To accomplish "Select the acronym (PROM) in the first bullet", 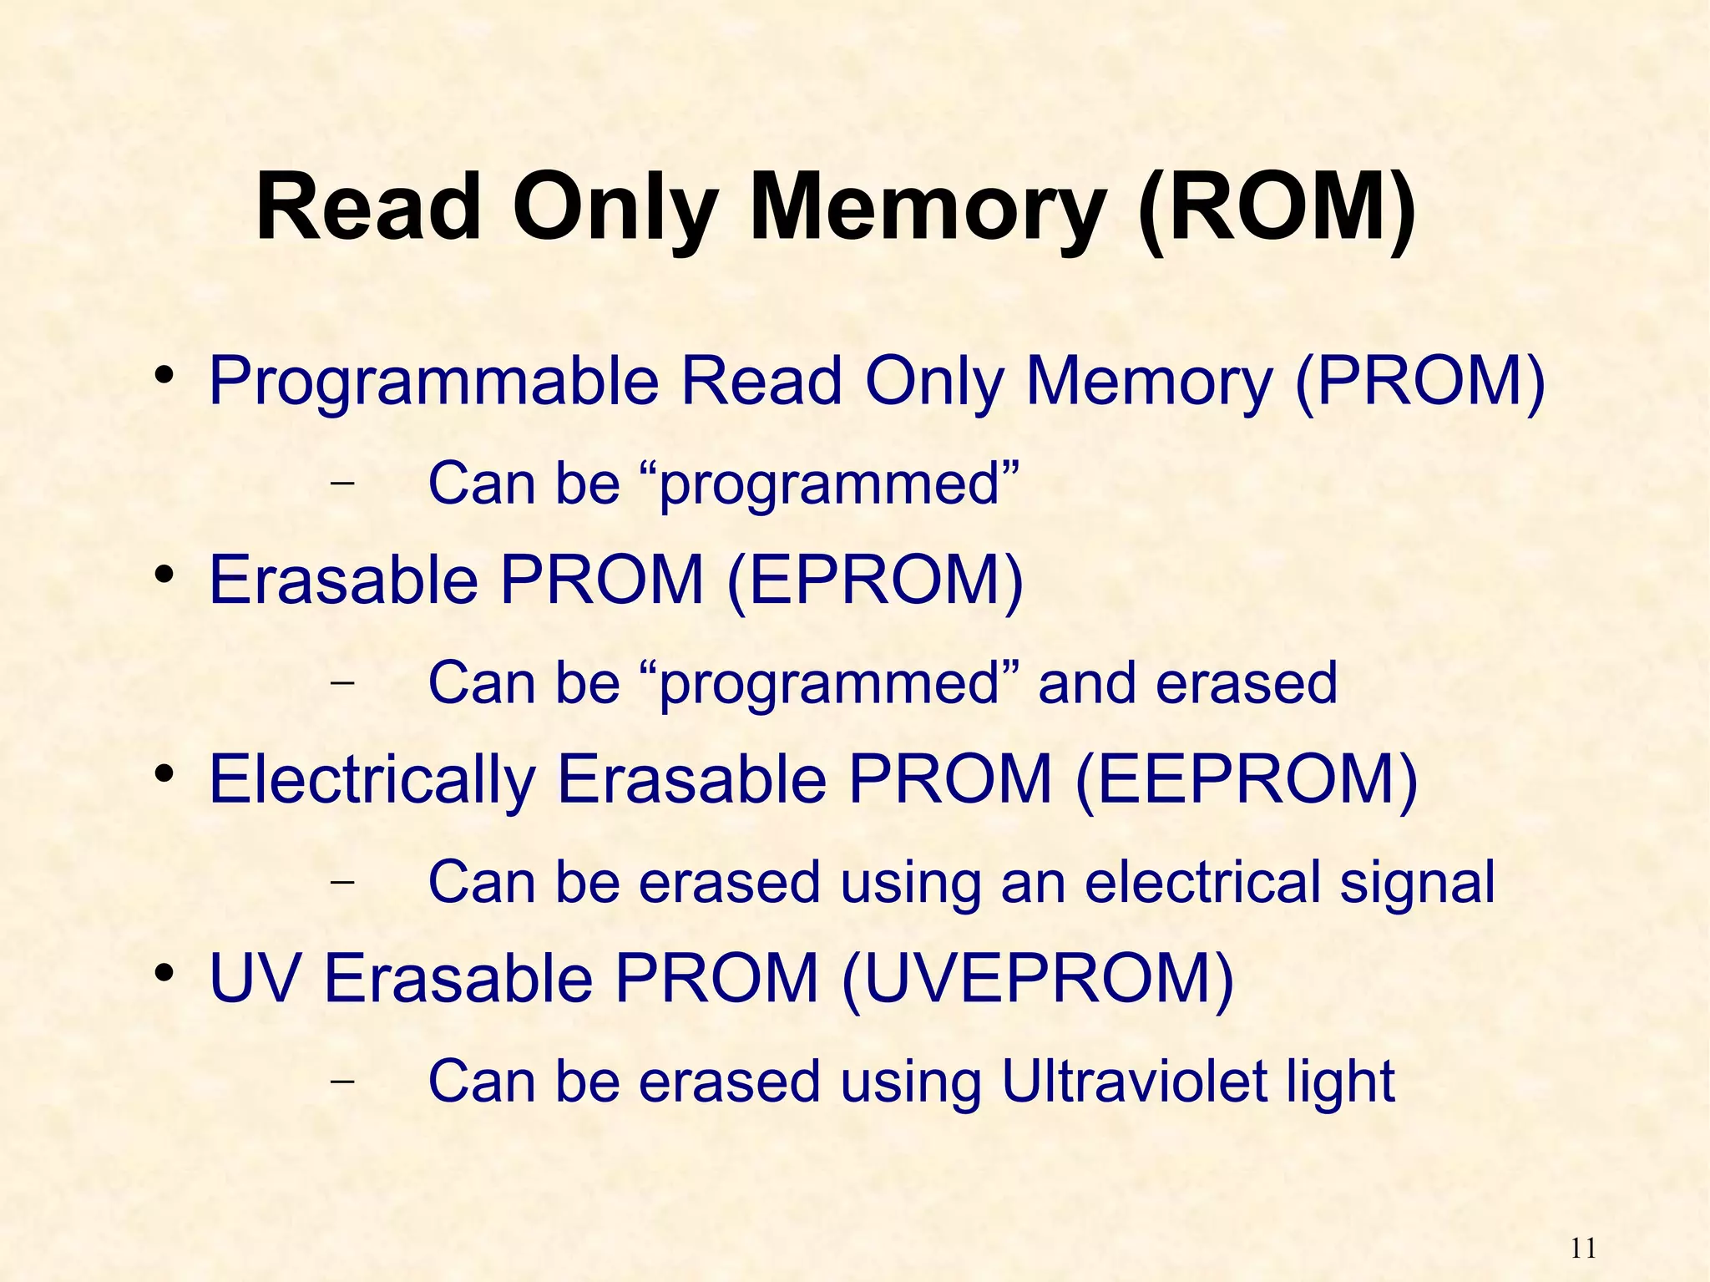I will (x=1419, y=382).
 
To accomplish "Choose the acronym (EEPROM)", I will (x=1246, y=779).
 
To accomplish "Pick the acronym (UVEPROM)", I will (x=1037, y=978).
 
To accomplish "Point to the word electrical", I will (x=1202, y=882).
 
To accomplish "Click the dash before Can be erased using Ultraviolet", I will (x=341, y=1080).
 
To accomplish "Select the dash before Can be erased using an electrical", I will (x=341, y=881).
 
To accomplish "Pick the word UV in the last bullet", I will (x=254, y=978).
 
